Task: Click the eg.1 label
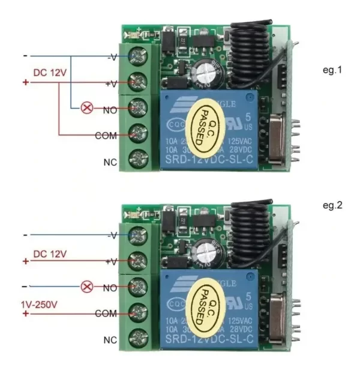tap(332, 70)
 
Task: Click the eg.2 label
tap(332, 205)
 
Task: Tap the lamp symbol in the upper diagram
tap(87, 108)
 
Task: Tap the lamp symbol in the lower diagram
tap(87, 287)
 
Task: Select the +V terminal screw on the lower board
tap(139, 260)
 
